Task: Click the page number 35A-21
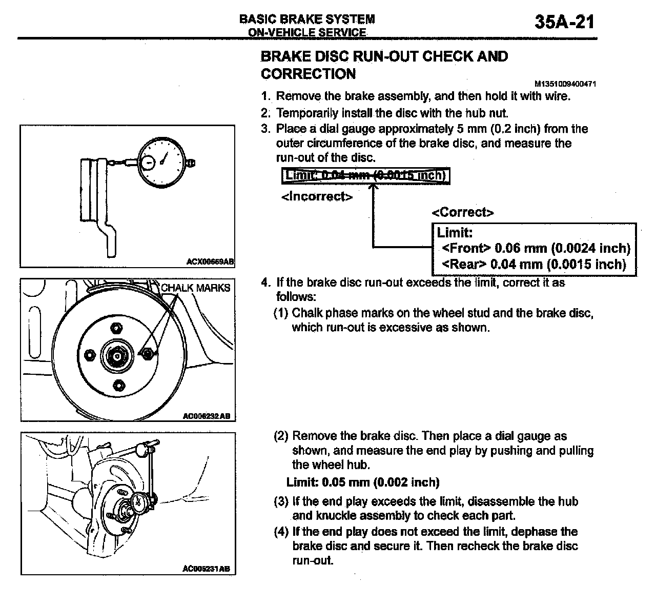coord(564,22)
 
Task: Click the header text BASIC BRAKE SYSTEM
coord(307,19)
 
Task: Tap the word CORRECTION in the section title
coord(308,74)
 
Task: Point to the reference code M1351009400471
coord(565,84)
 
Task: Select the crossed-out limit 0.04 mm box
coord(366,176)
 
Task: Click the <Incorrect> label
coord(317,197)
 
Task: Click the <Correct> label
coord(463,212)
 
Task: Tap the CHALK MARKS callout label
coord(195,288)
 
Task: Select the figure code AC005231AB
coord(206,569)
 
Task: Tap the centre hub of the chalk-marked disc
coord(117,355)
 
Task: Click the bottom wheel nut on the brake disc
coord(118,385)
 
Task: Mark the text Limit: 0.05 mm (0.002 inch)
coord(363,482)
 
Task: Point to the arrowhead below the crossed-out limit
coord(373,188)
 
